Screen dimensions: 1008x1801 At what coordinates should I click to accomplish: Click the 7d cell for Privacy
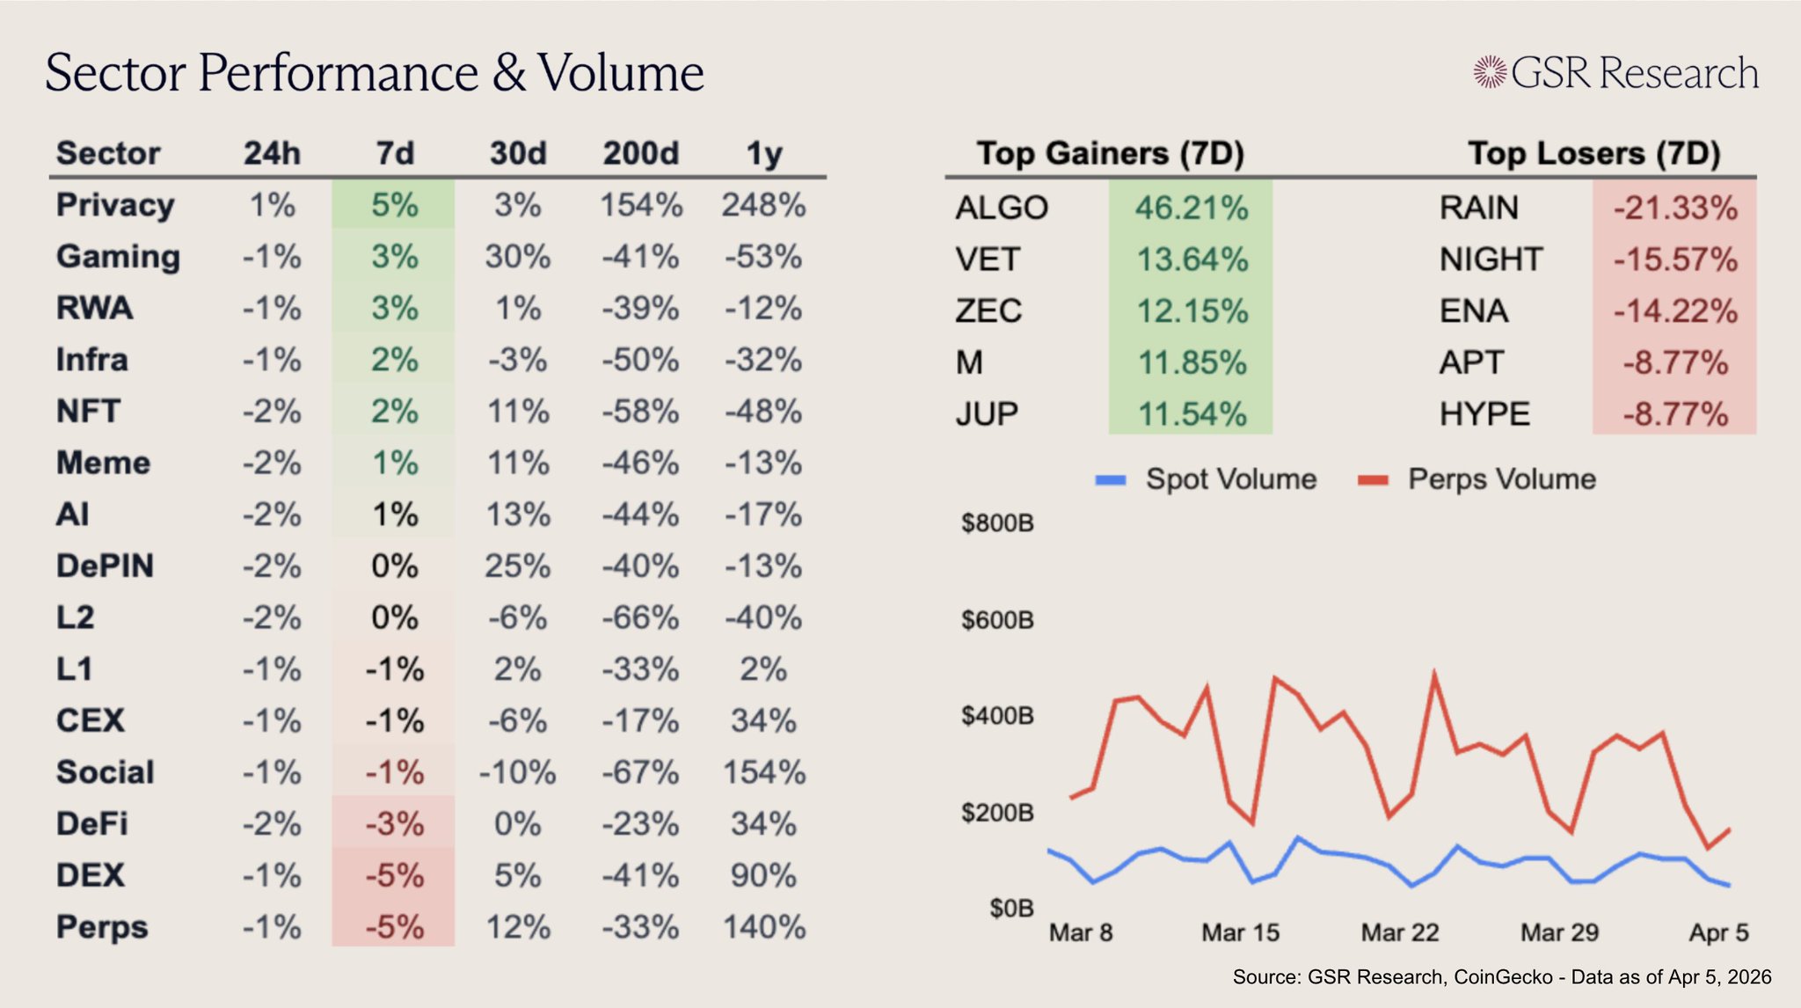tap(394, 205)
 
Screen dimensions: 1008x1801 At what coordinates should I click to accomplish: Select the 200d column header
tap(641, 153)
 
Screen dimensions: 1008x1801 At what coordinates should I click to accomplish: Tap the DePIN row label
tap(105, 566)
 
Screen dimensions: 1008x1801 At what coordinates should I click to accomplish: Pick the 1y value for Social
tap(763, 772)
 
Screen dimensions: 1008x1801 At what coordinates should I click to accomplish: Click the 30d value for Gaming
tap(517, 257)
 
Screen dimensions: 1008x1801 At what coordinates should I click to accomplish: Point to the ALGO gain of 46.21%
tap(1191, 208)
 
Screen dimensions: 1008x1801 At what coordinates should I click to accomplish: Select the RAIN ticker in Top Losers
tap(1478, 208)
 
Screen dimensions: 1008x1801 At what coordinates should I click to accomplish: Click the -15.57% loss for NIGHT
tap(1674, 259)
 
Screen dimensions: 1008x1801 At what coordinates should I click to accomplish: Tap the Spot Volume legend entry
tap(1230, 479)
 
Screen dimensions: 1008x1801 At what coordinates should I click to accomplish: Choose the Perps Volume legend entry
tap(1501, 479)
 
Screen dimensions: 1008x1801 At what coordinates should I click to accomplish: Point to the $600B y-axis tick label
tap(997, 620)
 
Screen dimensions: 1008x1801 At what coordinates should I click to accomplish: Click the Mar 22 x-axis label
tap(1400, 932)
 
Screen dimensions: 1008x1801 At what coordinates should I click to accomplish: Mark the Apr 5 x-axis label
tap(1718, 932)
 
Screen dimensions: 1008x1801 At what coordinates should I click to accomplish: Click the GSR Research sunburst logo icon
tap(1490, 72)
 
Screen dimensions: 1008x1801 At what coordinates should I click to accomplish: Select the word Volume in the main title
tap(621, 72)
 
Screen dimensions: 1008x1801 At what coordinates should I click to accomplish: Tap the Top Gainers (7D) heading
tap(1111, 153)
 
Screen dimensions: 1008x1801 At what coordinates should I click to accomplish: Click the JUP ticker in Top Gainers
tap(987, 414)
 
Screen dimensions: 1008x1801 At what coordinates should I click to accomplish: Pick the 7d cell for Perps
tap(394, 927)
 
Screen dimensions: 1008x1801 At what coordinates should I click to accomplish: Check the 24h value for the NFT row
tap(272, 412)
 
